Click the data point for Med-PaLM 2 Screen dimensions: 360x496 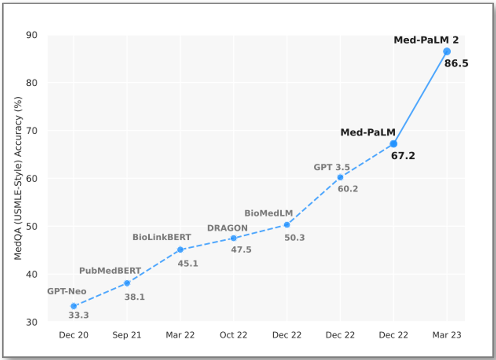pyautogui.click(x=447, y=51)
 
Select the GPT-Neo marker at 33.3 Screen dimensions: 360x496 pyautogui.click(x=74, y=306)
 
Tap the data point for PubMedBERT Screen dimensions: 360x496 pyautogui.click(x=127, y=283)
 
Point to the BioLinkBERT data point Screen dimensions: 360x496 pyautogui.click(x=180, y=250)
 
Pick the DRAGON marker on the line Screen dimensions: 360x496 pyautogui.click(x=233, y=238)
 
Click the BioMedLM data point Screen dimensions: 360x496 pyautogui.click(x=287, y=225)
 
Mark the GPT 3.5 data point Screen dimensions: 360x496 pyautogui.click(x=340, y=177)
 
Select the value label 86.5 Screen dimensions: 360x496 pyautogui.click(x=456, y=63)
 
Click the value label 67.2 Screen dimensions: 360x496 pyautogui.click(x=403, y=156)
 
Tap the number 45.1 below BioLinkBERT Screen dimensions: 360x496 pyautogui.click(x=188, y=263)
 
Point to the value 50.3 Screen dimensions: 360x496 pyautogui.click(x=294, y=238)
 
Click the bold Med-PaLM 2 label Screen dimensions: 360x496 pyautogui.click(x=426, y=40)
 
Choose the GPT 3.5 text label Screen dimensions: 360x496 pyautogui.click(x=331, y=167)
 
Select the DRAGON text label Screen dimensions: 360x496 pyautogui.click(x=227, y=228)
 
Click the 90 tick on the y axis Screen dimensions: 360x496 pyautogui.click(x=31, y=35)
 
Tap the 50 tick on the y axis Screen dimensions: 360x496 pyautogui.click(x=31, y=226)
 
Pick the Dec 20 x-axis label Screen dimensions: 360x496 pyautogui.click(x=74, y=335)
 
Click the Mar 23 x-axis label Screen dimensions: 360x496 pyautogui.click(x=447, y=335)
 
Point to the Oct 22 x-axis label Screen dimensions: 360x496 pyautogui.click(x=233, y=335)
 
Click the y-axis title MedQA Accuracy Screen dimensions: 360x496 pyautogui.click(x=18, y=178)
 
